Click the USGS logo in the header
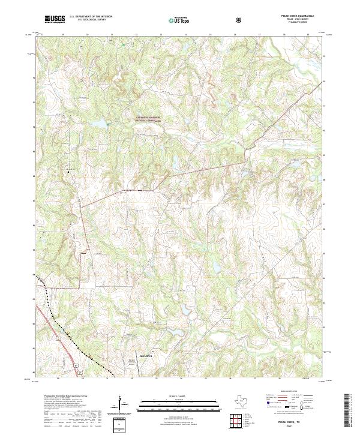pos(55,19)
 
